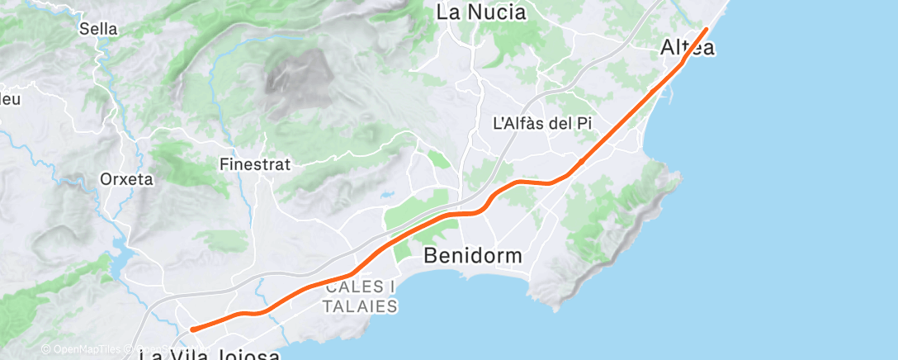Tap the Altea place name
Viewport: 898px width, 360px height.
coord(688,49)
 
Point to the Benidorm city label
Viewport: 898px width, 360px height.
coord(472,256)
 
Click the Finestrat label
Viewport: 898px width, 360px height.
coord(255,164)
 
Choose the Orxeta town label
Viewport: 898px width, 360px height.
coord(126,179)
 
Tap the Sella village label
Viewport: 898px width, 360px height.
coord(98,29)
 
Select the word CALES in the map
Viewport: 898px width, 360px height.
coord(353,287)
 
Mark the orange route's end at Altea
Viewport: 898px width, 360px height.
coord(707,29)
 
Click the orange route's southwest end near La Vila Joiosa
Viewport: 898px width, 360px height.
coord(192,329)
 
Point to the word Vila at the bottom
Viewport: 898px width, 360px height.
coord(189,355)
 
